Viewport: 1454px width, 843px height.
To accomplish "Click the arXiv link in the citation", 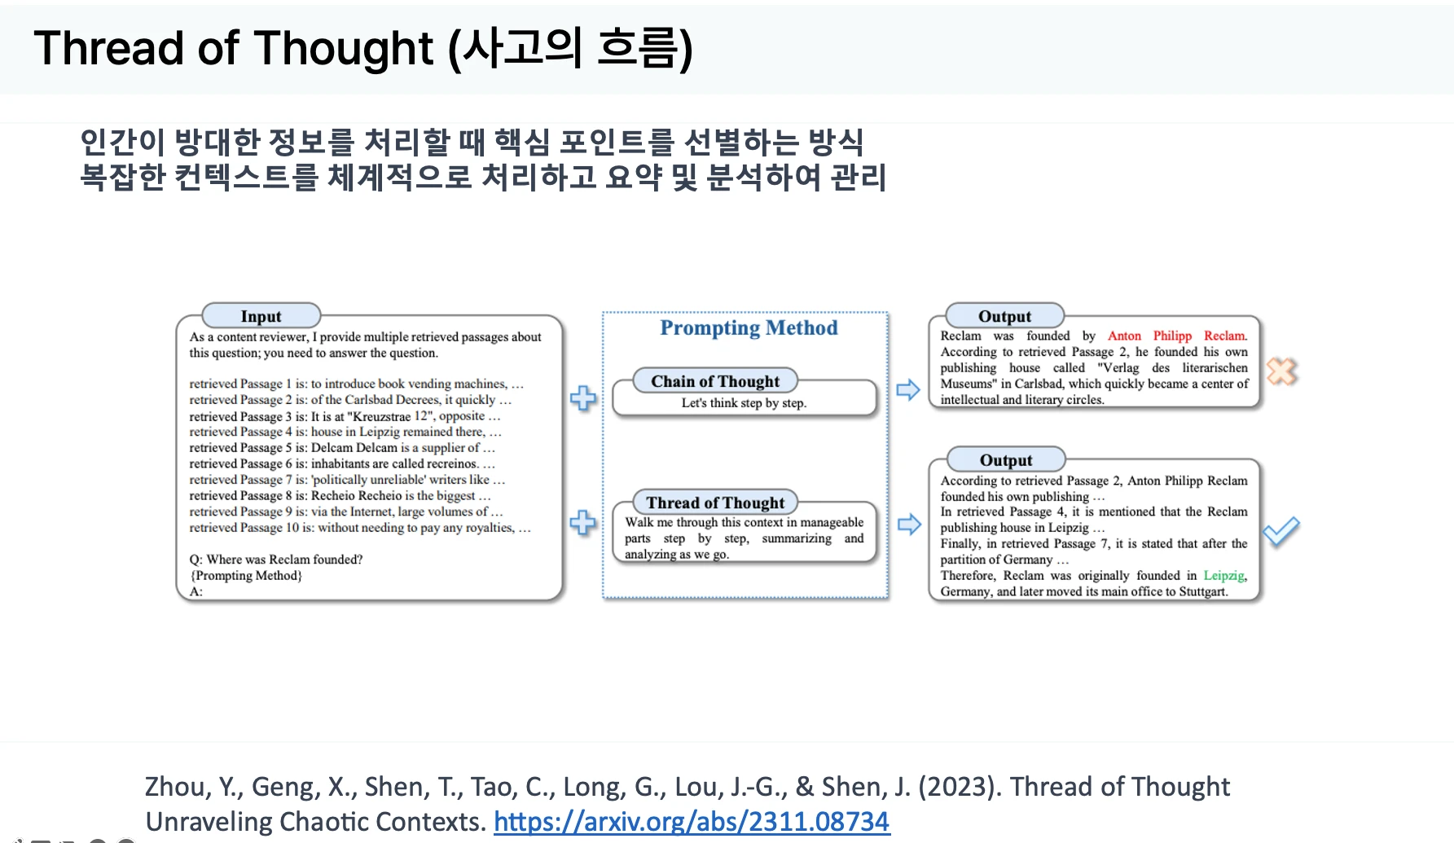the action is click(x=692, y=821).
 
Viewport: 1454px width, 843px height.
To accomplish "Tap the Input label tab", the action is click(x=261, y=316).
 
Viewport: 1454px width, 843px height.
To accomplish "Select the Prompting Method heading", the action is click(x=749, y=327).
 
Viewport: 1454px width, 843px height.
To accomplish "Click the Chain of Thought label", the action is click(x=715, y=381).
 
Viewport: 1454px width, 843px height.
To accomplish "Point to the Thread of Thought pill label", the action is click(x=715, y=503).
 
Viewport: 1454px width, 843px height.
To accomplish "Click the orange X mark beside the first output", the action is click(x=1282, y=371).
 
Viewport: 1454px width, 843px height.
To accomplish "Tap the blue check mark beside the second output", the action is click(x=1281, y=532).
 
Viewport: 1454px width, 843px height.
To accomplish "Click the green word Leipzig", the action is click(x=1224, y=575).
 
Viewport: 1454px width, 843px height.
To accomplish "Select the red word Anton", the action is click(x=1124, y=336).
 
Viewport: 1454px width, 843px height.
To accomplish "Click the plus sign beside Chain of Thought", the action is click(x=583, y=398).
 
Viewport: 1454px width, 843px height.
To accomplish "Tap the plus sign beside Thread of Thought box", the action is click(x=583, y=522).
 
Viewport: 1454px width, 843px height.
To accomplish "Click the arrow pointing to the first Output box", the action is click(x=908, y=390).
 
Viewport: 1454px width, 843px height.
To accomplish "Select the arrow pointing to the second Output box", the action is click(x=908, y=524).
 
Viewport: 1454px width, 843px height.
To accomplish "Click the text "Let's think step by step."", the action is click(x=744, y=402).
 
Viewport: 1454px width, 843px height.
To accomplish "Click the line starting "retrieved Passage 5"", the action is click(x=342, y=447).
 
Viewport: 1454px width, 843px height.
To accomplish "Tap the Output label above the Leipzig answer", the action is click(x=1006, y=460).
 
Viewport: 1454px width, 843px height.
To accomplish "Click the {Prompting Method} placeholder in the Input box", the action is click(x=246, y=576).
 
